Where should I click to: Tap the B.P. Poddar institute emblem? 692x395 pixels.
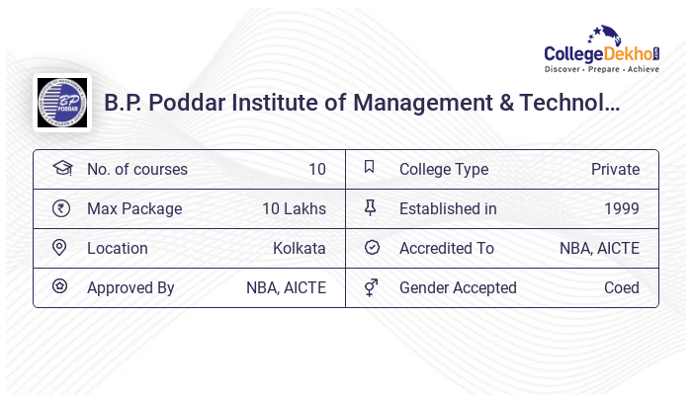pyautogui.click(x=61, y=103)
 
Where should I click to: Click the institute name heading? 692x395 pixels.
pyautogui.click(x=362, y=103)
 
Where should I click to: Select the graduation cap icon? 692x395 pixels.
pyautogui.click(x=61, y=169)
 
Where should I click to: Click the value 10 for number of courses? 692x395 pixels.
pyautogui.click(x=316, y=169)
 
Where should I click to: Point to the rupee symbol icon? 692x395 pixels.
pyautogui.click(x=61, y=208)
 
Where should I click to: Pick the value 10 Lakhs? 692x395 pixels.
pyautogui.click(x=295, y=208)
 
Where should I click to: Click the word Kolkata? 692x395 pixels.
pyautogui.click(x=299, y=248)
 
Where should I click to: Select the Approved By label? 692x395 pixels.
pyautogui.click(x=130, y=287)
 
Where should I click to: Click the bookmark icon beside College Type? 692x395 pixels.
pyautogui.click(x=370, y=168)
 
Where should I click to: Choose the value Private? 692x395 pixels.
pyautogui.click(x=615, y=169)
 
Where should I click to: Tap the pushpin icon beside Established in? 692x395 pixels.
pyautogui.click(x=371, y=207)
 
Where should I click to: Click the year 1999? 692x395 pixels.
pyautogui.click(x=621, y=208)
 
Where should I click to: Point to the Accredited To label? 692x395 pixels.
pyautogui.click(x=447, y=248)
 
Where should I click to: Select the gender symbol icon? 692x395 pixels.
pyautogui.click(x=371, y=287)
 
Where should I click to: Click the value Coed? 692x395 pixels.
pyautogui.click(x=621, y=287)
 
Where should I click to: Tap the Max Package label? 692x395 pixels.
pyautogui.click(x=134, y=208)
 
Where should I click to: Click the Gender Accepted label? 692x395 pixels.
pyautogui.click(x=458, y=287)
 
